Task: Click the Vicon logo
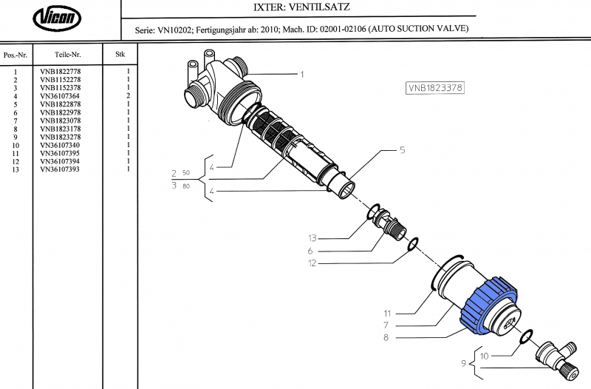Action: (59, 19)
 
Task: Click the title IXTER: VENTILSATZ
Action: (294, 8)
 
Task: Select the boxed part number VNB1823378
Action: (435, 87)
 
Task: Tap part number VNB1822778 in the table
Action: (60, 72)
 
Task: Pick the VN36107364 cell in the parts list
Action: (60, 96)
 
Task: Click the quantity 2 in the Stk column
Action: (128, 96)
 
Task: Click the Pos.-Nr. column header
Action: (16, 55)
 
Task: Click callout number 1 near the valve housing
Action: (301, 74)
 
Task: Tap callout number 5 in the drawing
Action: (402, 150)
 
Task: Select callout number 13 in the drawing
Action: (312, 238)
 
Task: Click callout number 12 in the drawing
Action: (312, 263)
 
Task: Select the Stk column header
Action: (120, 55)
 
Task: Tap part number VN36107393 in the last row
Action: (60, 169)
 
